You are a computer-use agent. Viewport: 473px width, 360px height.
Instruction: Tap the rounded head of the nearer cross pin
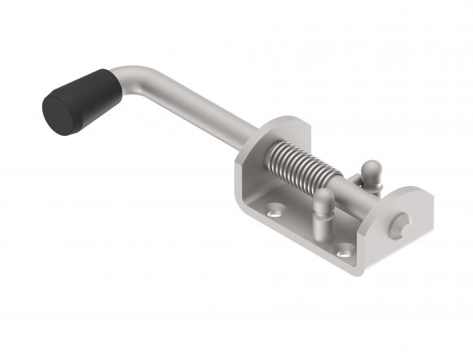pyautogui.click(x=322, y=198)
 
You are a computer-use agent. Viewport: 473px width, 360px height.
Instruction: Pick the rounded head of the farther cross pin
pyautogui.click(x=370, y=169)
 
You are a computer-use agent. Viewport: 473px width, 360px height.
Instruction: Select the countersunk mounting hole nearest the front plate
pyautogui.click(x=345, y=249)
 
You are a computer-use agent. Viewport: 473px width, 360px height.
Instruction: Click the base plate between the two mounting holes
pyautogui.click(x=309, y=232)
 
